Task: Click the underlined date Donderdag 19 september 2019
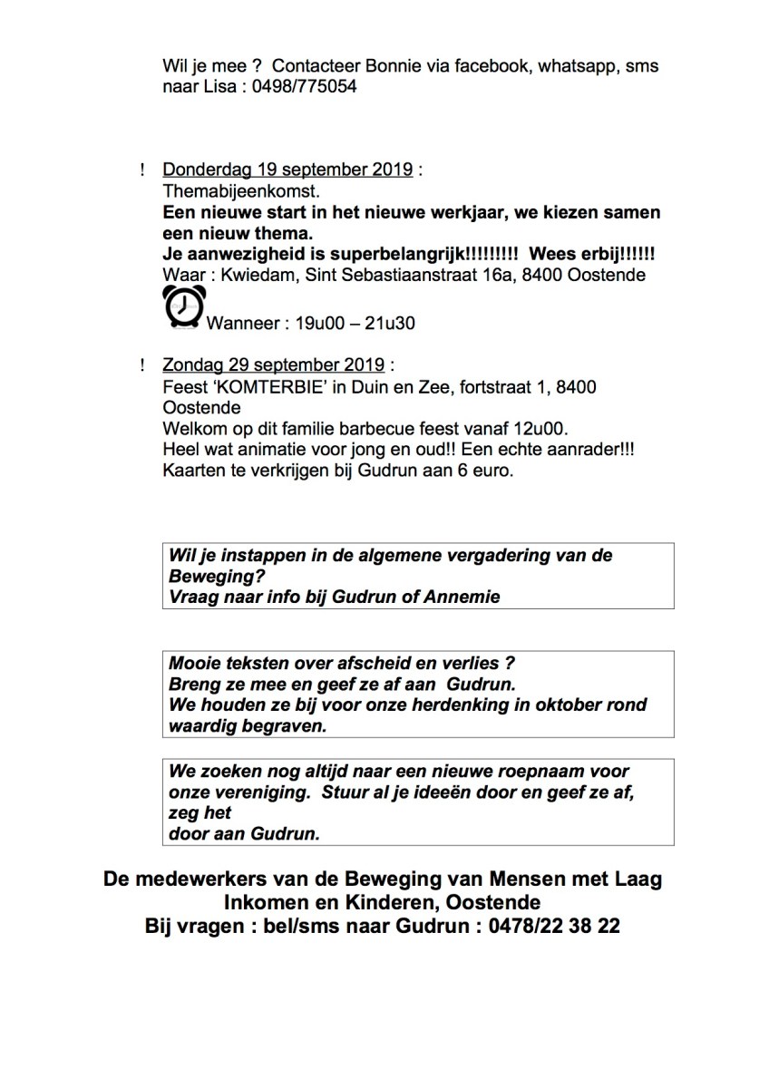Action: coord(288,170)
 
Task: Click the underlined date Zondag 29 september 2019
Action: coord(274,365)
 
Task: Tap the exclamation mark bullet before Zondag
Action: coord(142,365)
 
